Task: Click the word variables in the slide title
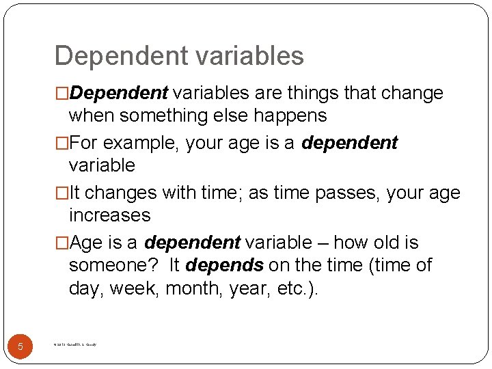pyautogui.click(x=247, y=56)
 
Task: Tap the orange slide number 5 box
pyautogui.click(x=20, y=346)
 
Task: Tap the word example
pyautogui.click(x=133, y=143)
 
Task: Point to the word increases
pyautogui.click(x=109, y=215)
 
